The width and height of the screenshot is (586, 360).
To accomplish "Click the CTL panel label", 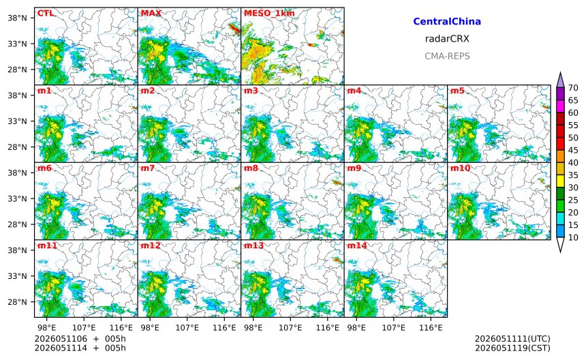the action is click(45, 14).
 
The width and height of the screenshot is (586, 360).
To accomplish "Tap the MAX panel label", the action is click(151, 14).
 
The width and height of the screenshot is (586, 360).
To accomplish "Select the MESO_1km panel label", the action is click(269, 14).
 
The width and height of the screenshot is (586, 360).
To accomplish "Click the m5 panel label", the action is click(457, 91).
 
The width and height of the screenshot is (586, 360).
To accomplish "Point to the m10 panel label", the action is click(460, 168).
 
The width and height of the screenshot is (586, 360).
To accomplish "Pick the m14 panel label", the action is click(357, 245).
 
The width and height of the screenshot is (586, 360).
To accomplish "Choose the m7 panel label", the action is click(147, 168).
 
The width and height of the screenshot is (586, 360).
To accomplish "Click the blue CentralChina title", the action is click(447, 21).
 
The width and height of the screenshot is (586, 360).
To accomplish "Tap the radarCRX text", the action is click(447, 38).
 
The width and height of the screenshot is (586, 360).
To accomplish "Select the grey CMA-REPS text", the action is click(447, 56).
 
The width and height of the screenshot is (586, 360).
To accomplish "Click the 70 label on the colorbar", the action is click(573, 88).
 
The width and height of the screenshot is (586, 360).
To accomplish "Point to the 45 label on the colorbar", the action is click(573, 150).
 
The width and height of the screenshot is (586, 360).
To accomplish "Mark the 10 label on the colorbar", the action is click(573, 237).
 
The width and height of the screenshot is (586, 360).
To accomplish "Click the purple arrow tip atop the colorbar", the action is click(560, 72).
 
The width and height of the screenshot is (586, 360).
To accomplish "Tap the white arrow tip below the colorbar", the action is click(560, 252).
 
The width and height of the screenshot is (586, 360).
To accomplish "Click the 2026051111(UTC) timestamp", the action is click(512, 339).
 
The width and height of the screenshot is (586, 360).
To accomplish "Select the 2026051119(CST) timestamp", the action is click(512, 348).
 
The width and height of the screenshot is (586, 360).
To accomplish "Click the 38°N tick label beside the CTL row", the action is click(17, 18).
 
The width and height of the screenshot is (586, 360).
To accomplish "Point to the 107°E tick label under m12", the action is click(187, 328).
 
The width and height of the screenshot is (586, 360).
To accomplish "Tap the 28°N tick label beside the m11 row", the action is click(17, 302).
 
